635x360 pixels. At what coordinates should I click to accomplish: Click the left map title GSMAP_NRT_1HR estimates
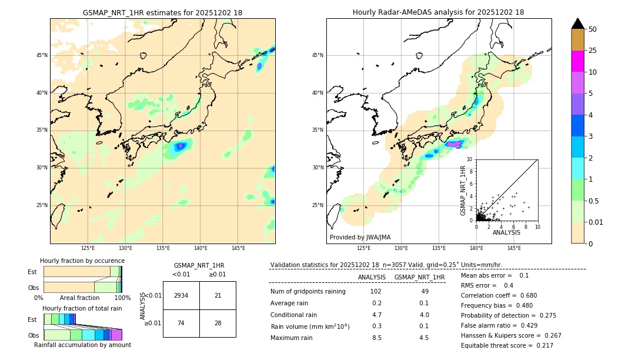coord(162,12)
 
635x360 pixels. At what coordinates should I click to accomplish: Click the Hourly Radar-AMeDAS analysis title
coord(438,12)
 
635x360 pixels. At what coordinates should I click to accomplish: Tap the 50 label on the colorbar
coord(593,29)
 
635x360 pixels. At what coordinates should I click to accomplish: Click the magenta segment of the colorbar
coord(577,61)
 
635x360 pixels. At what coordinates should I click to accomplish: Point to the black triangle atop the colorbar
coord(577,24)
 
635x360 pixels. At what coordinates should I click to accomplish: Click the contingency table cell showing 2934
coord(181,295)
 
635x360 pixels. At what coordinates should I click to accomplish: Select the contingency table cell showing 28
coord(218,323)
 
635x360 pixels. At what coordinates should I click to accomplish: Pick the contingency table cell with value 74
coord(181,323)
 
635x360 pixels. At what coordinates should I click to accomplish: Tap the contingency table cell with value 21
coord(218,295)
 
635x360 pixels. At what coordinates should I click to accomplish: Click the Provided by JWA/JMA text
coord(360,237)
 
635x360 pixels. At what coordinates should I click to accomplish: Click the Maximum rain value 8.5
coord(376,338)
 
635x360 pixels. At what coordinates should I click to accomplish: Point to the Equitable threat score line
coord(507,345)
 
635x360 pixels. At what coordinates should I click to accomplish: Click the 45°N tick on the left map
coord(42,55)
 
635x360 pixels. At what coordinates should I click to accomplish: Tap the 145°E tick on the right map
coord(514,248)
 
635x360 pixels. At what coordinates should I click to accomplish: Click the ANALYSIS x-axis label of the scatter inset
coord(506,232)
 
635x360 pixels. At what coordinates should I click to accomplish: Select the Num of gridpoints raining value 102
coord(376,292)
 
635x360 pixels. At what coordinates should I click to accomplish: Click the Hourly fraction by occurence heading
coord(82,261)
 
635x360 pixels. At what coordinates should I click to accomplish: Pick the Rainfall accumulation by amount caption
coord(82,345)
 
